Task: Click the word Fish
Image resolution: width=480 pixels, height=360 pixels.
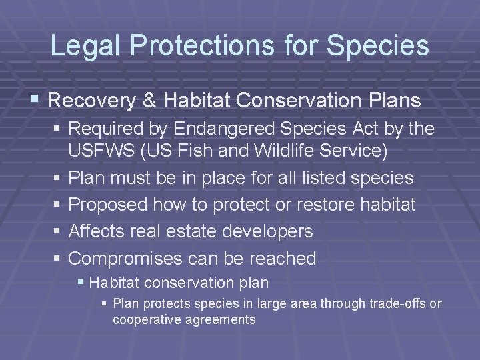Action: [204, 151]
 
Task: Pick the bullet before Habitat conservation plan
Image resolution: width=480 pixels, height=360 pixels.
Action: [81, 283]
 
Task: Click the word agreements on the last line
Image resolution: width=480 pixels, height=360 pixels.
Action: [222, 319]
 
